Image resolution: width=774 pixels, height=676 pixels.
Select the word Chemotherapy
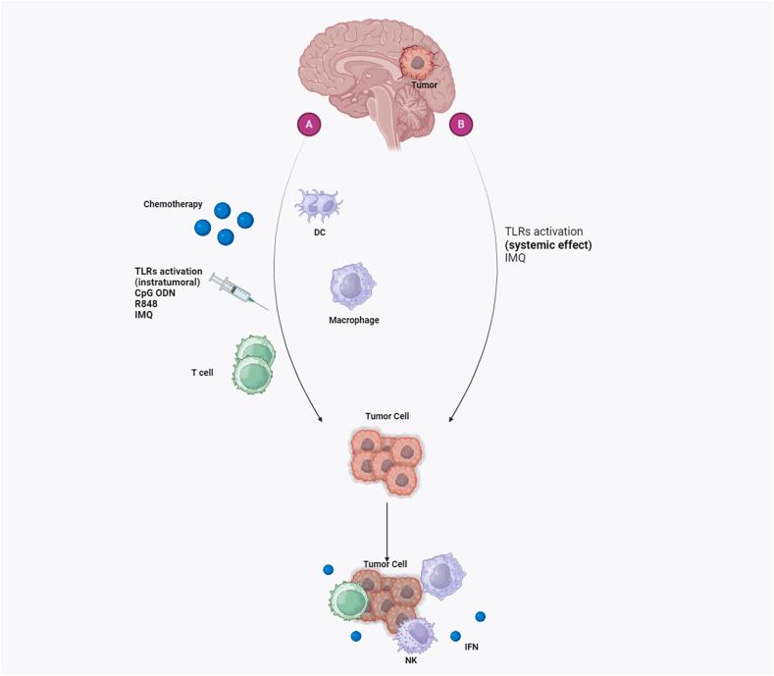point(172,204)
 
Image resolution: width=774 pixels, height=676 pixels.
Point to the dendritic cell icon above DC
point(319,205)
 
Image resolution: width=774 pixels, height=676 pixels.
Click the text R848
point(146,303)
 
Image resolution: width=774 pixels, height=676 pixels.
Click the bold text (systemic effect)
point(548,244)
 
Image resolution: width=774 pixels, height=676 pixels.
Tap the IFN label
point(473,649)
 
